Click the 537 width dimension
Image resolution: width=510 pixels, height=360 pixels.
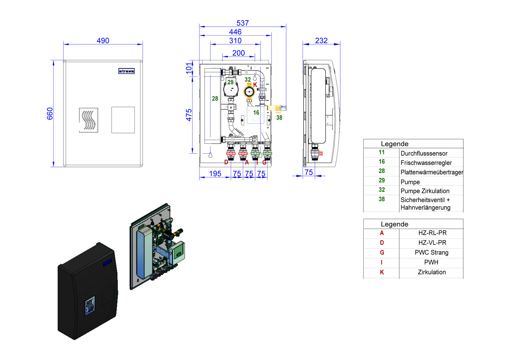click(x=242, y=23)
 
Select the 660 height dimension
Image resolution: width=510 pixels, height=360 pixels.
click(x=50, y=114)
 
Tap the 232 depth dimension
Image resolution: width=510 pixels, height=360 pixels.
click(x=321, y=41)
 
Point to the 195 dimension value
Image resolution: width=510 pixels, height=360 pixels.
click(x=215, y=174)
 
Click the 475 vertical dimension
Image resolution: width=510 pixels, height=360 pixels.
click(x=189, y=115)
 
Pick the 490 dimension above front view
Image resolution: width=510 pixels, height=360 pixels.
click(x=103, y=41)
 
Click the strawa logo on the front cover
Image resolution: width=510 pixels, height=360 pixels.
click(x=126, y=71)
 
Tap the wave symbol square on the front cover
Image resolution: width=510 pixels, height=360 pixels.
click(x=88, y=120)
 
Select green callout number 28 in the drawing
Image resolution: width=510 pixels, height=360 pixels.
click(x=215, y=99)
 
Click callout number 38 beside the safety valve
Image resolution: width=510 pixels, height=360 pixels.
click(x=279, y=118)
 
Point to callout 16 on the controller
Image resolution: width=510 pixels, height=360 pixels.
click(x=256, y=113)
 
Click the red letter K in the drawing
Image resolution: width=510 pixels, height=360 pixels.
click(x=255, y=85)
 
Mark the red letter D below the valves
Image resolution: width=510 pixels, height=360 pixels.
click(x=226, y=162)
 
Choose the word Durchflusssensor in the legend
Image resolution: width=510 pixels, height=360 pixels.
click(x=424, y=154)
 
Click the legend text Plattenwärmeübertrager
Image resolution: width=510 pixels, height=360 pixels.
click(x=432, y=172)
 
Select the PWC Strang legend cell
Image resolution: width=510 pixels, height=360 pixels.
click(x=431, y=253)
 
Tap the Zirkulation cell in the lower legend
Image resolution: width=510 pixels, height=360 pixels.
click(x=432, y=272)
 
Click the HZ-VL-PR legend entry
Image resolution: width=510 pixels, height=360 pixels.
click(x=432, y=243)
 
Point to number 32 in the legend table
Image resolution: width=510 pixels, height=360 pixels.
click(x=382, y=190)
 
